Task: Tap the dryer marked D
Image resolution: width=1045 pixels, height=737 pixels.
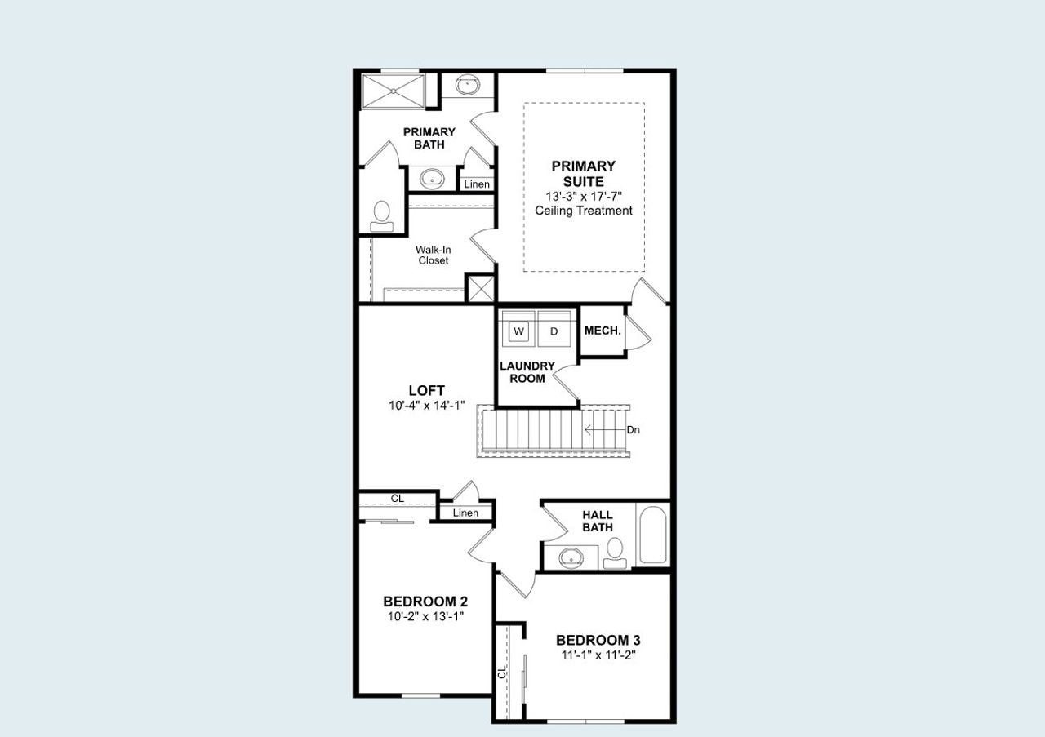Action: coord(554,331)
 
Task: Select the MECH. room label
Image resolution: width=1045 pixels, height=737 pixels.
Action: coord(603,331)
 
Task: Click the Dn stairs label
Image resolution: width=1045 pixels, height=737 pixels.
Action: coord(633,429)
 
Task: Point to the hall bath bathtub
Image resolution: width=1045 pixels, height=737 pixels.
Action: coord(652,535)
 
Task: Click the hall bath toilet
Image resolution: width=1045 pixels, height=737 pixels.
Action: coord(616,551)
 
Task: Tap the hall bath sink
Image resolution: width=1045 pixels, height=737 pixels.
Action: coord(571,557)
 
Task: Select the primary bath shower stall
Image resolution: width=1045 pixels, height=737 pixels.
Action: coord(393,91)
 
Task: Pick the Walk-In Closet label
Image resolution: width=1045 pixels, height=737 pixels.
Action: coord(433,255)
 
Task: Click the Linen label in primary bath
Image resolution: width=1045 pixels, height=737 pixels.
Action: coord(477,184)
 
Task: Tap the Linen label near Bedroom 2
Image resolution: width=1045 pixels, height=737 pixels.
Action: coord(465,513)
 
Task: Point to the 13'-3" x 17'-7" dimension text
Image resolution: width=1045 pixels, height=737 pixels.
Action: coord(584,197)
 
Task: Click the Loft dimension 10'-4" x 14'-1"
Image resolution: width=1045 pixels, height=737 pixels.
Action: coord(427,405)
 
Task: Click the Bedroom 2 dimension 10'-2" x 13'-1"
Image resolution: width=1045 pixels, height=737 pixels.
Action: coord(425,616)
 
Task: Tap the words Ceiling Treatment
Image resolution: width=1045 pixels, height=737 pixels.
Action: coord(584,211)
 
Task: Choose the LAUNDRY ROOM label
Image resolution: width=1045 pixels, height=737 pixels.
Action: coord(527,372)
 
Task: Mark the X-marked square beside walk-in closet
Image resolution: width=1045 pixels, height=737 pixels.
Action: coord(480,288)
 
